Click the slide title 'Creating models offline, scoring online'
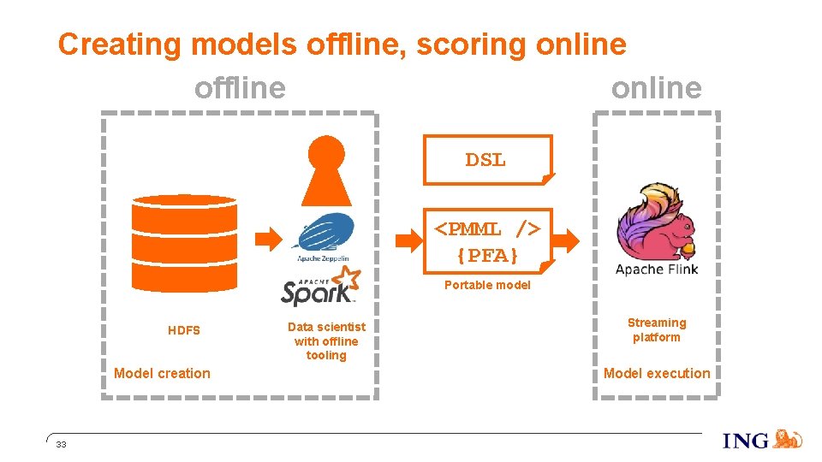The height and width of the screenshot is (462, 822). (x=342, y=44)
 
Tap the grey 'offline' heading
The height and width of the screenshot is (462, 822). (x=240, y=87)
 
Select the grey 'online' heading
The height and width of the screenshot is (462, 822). (x=656, y=87)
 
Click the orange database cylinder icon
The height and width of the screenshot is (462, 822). (x=184, y=243)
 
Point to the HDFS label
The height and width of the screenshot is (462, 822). (x=184, y=330)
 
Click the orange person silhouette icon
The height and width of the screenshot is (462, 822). (x=325, y=171)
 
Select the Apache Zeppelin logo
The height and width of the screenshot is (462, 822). (x=323, y=236)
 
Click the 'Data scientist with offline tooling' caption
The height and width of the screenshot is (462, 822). (x=326, y=341)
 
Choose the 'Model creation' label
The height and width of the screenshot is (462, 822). (x=162, y=373)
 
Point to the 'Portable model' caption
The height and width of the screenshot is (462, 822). (x=487, y=285)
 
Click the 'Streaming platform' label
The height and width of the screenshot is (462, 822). (x=657, y=329)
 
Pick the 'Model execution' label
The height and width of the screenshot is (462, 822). (x=657, y=373)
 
